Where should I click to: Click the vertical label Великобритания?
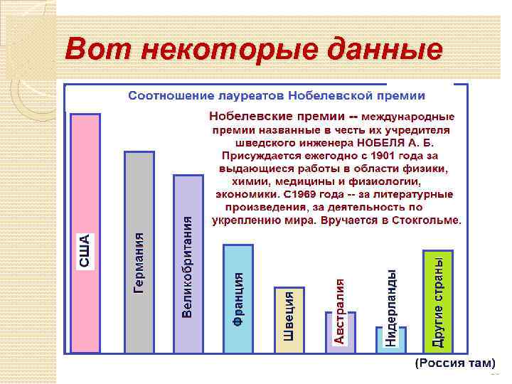point(188,267)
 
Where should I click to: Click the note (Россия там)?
point(450,363)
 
